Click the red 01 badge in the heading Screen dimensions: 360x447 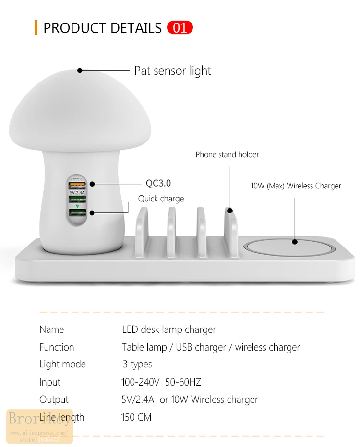[x=180, y=28]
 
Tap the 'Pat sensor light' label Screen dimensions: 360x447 [x=172, y=71]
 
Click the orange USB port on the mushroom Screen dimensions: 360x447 [x=77, y=185]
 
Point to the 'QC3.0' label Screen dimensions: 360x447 [x=158, y=183]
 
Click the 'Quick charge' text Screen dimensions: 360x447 [x=161, y=199]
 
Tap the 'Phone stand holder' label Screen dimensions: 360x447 [x=227, y=154]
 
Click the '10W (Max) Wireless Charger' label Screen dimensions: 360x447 [x=296, y=186]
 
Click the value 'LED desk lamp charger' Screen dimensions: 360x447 [x=168, y=329]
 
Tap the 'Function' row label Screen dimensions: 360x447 [x=57, y=347]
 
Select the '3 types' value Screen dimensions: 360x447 [x=137, y=365]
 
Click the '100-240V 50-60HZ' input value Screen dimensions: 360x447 [x=161, y=382]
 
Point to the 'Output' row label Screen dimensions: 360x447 [x=54, y=400]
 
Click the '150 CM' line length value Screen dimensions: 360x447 [x=136, y=417]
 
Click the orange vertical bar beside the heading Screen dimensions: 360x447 [x=36, y=28]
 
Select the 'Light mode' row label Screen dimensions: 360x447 [x=62, y=365]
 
